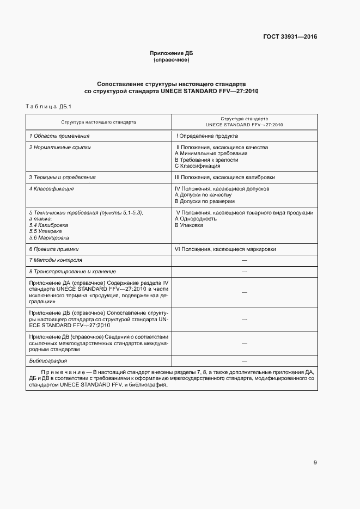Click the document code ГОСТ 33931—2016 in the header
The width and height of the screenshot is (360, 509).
coord(290,37)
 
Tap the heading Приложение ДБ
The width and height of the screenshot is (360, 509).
coord(172,53)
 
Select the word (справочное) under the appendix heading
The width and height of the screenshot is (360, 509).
coord(172,60)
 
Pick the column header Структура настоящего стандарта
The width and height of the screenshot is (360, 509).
coord(99,122)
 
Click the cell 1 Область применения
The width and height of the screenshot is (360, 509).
coord(59,136)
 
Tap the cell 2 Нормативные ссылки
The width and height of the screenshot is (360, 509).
coord(60,147)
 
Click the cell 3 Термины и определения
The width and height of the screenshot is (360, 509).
coord(62,177)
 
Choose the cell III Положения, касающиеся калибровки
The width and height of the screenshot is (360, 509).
coord(225,177)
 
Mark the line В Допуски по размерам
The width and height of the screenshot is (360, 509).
coord(205,201)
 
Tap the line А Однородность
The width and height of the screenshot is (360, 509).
coord(196,218)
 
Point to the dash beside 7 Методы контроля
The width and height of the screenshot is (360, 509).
coord(245,260)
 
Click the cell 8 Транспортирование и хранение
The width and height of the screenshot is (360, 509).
coord(72,271)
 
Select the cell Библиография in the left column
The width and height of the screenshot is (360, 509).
coord(48,361)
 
